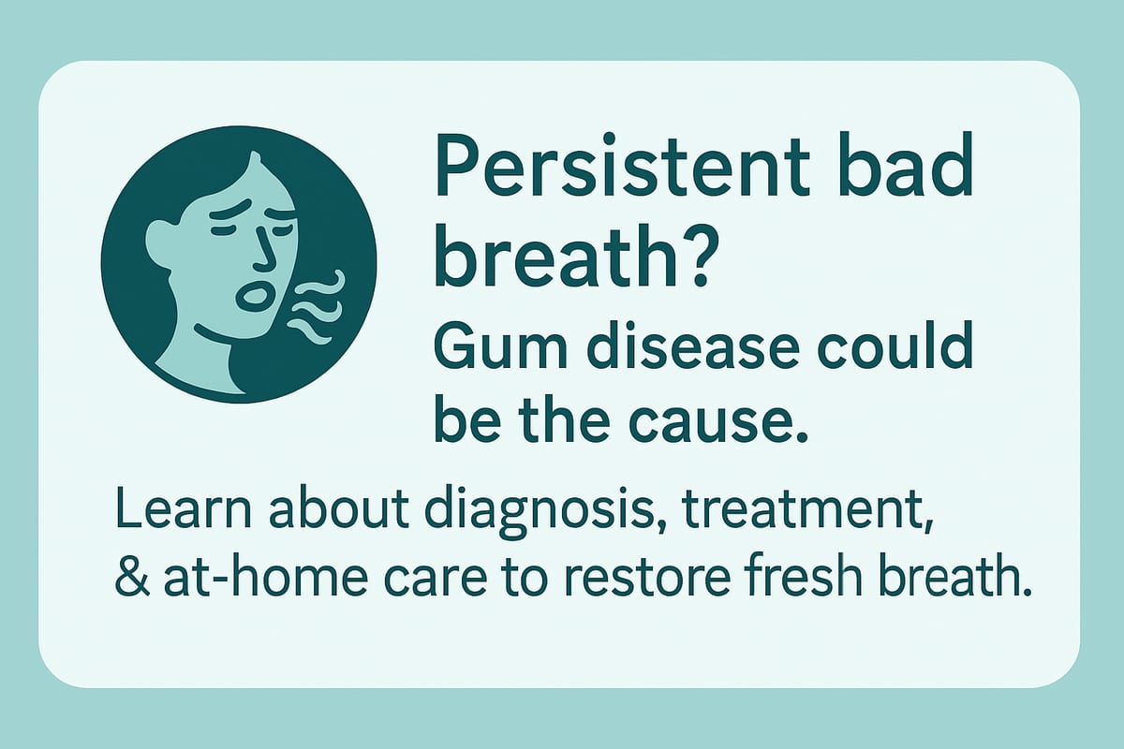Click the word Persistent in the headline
click(622, 165)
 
